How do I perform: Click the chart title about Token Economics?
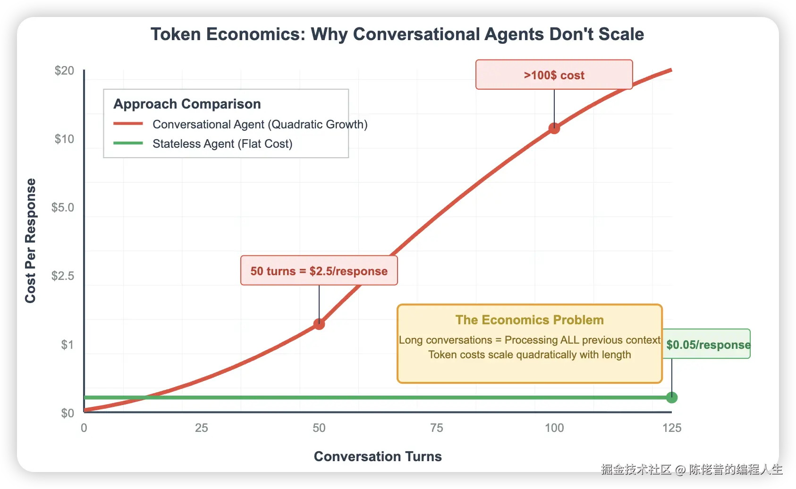click(x=397, y=34)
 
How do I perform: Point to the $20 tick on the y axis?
click(x=64, y=70)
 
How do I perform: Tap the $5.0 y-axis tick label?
click(x=63, y=207)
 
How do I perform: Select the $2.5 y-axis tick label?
click(x=63, y=276)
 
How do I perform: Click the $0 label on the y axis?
click(x=68, y=413)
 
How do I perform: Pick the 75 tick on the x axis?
click(x=437, y=428)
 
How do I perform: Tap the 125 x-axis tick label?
click(x=672, y=428)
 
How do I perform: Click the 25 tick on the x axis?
click(x=202, y=428)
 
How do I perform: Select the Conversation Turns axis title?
click(x=378, y=456)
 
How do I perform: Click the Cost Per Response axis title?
click(x=31, y=241)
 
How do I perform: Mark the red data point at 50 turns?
click(x=319, y=324)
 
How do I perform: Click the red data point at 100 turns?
click(x=554, y=128)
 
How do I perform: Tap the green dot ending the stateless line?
click(x=672, y=397)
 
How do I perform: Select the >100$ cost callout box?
click(x=554, y=75)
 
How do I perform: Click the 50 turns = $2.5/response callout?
click(x=319, y=270)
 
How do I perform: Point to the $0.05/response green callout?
click(x=707, y=344)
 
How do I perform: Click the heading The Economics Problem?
click(x=529, y=320)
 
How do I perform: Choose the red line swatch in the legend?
click(x=128, y=124)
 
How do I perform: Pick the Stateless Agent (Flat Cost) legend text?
click(x=222, y=143)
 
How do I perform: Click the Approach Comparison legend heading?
click(x=187, y=104)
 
